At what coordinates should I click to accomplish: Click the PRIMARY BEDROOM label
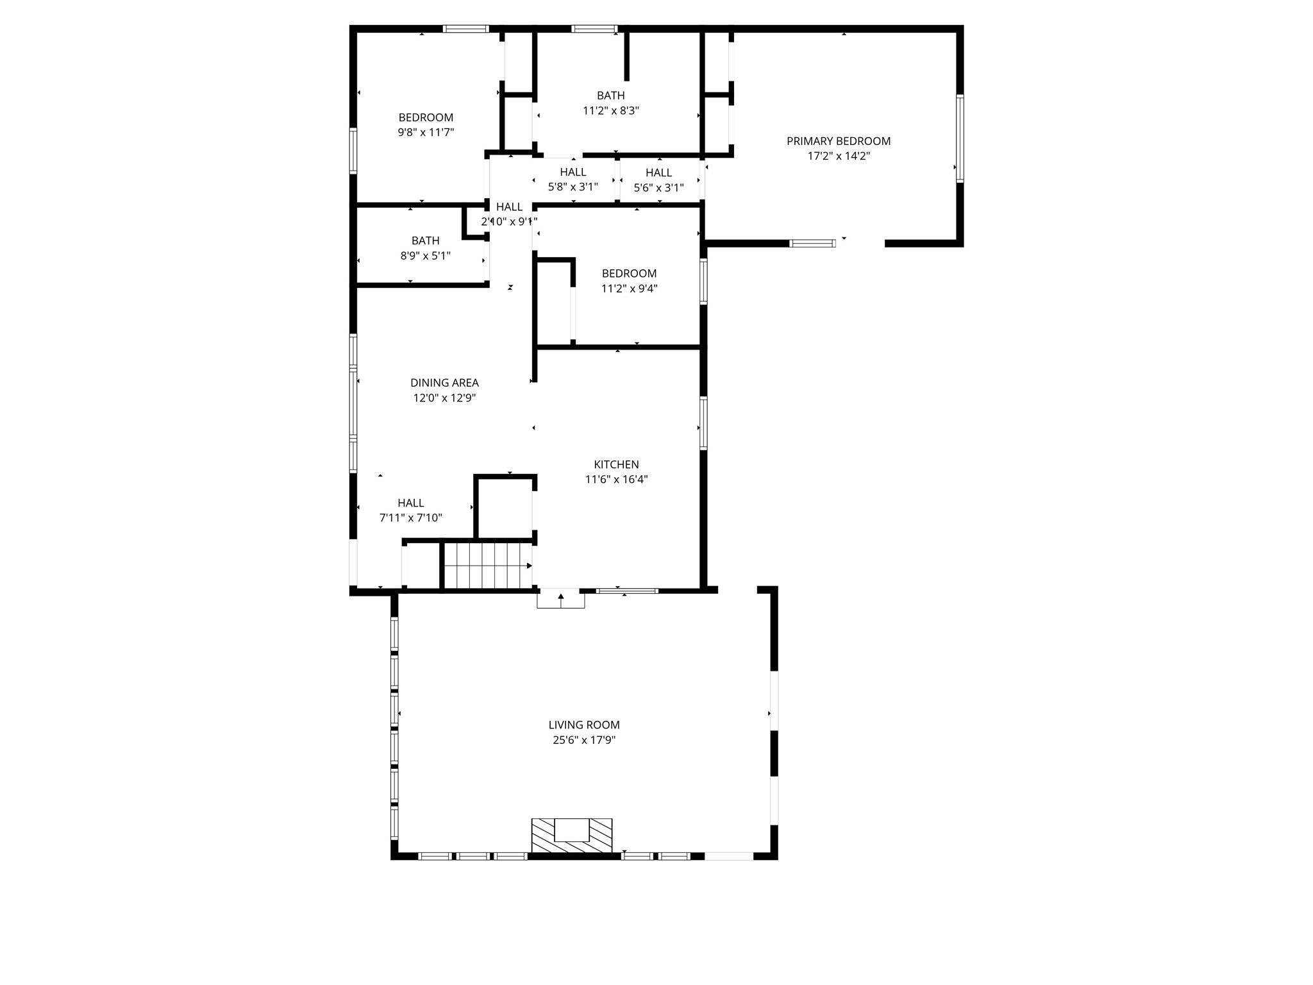pyautogui.click(x=839, y=141)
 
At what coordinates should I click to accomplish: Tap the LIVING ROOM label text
pyautogui.click(x=584, y=725)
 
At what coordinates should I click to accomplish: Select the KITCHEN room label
pyautogui.click(x=616, y=465)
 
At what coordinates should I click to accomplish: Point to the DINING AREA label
pyautogui.click(x=444, y=383)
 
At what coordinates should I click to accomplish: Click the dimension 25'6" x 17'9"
pyautogui.click(x=584, y=740)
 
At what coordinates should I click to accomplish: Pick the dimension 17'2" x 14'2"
pyautogui.click(x=839, y=156)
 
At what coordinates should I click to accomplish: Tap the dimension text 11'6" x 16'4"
pyautogui.click(x=616, y=480)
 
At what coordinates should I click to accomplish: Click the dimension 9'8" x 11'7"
pyautogui.click(x=426, y=133)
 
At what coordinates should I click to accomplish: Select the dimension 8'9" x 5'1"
pyautogui.click(x=425, y=256)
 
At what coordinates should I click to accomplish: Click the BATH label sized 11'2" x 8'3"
pyautogui.click(x=611, y=96)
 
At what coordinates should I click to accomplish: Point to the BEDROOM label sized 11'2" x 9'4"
pyautogui.click(x=629, y=274)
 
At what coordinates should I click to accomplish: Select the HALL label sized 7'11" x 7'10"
pyautogui.click(x=410, y=503)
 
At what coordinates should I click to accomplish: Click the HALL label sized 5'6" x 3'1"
pyautogui.click(x=658, y=173)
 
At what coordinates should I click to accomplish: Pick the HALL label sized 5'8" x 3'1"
pyautogui.click(x=573, y=172)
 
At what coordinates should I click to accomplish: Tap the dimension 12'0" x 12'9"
pyautogui.click(x=444, y=398)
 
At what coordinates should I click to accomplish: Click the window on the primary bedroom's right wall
pyautogui.click(x=960, y=139)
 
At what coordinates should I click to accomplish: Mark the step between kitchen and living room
pyautogui.click(x=561, y=599)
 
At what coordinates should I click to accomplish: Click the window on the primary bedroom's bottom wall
pyautogui.click(x=812, y=243)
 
